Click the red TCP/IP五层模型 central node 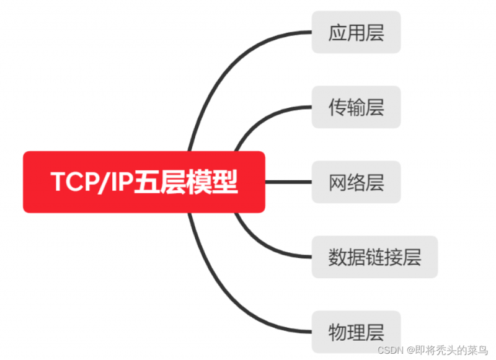coord(144,182)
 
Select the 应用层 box coord(356,32)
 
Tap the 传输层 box coord(356,107)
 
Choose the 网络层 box coord(356,182)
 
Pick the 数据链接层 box coord(375,257)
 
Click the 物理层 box coord(356,331)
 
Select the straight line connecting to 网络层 coord(288,182)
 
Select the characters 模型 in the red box coord(211,182)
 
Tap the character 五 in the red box coord(147,182)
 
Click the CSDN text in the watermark coord(391,350)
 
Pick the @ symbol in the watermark coord(410,350)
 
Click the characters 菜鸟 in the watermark coord(478,349)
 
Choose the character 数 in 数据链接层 coord(337,257)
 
